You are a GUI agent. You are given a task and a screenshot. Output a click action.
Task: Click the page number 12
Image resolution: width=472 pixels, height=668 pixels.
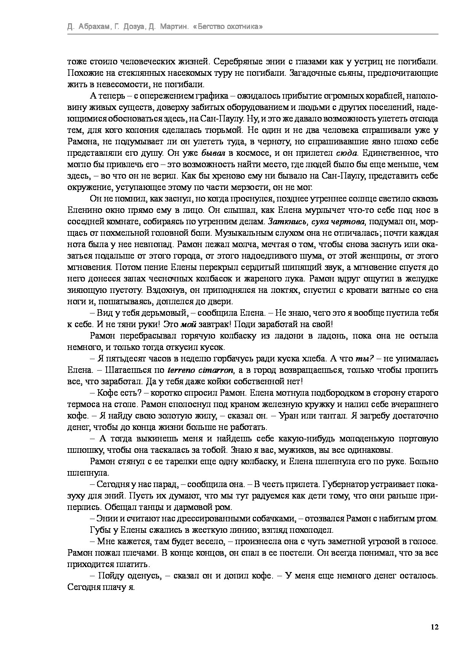coord(435,627)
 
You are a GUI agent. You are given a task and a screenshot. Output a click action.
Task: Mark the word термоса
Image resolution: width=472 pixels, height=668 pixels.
coord(83,404)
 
